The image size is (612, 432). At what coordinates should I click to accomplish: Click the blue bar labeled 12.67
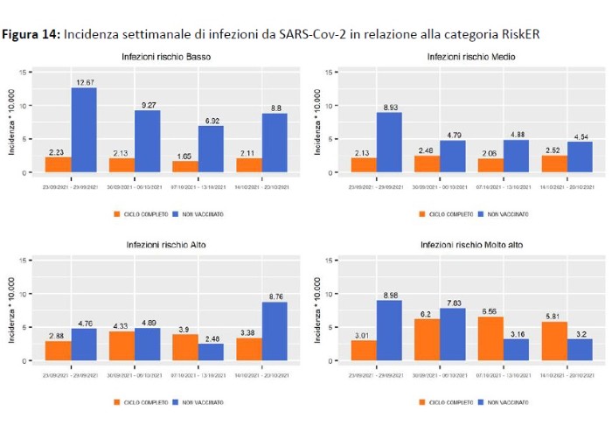84,130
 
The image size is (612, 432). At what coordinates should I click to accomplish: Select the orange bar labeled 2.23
58,164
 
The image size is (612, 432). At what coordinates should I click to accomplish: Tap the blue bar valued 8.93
390,143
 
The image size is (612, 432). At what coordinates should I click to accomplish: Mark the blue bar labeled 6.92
211,149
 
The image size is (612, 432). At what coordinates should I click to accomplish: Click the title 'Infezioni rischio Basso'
166,57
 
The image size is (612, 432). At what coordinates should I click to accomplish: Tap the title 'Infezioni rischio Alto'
166,245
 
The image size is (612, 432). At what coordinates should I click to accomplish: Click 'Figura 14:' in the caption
32,34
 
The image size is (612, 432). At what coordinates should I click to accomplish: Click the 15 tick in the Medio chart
326,73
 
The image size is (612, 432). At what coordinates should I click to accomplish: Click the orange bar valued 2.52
554,164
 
